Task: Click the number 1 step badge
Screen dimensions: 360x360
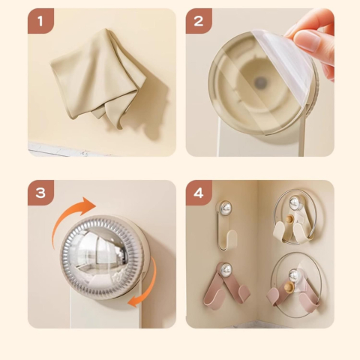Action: pos(40,21)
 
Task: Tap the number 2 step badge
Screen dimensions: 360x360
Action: pos(199,21)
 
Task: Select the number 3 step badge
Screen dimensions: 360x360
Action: pos(40,193)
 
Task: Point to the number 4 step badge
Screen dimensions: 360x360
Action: pos(199,193)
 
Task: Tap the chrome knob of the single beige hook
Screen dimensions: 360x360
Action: pos(224,207)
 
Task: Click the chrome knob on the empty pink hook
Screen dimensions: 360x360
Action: pos(226,269)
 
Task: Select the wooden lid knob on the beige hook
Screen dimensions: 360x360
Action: pos(289,219)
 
